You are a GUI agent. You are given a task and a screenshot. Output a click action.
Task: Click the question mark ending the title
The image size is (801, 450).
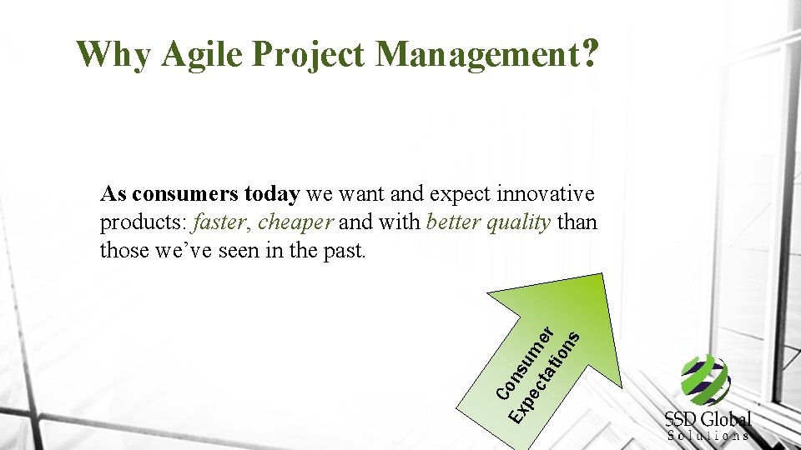click(x=590, y=53)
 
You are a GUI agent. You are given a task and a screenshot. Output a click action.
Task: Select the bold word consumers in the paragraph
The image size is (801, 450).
click(x=185, y=195)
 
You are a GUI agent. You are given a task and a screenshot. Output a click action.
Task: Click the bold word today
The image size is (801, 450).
click(x=271, y=195)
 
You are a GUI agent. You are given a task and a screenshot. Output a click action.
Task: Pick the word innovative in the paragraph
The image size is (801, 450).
click(x=546, y=195)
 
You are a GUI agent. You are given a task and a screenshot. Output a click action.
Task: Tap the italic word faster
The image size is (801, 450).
click(x=221, y=223)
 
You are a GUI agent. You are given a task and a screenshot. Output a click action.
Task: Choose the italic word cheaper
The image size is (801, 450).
click(x=296, y=223)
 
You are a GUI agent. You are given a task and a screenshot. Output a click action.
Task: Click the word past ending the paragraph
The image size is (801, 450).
click(x=346, y=251)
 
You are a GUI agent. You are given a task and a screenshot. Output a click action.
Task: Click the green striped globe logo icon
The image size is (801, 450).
click(x=705, y=379)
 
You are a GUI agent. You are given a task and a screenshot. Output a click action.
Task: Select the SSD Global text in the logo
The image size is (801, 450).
click(x=708, y=418)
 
